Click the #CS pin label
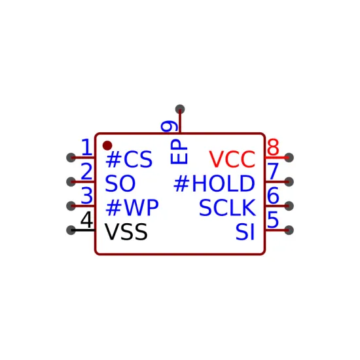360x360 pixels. (129, 159)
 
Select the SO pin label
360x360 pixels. (120, 183)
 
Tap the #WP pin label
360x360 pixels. (132, 207)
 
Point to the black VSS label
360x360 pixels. (126, 232)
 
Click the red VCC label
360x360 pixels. (232, 159)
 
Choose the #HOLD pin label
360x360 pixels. (214, 183)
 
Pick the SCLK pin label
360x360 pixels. (227, 207)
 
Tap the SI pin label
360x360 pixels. (245, 232)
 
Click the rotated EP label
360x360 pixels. (179, 152)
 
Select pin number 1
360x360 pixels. (87, 147)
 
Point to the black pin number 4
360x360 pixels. (86, 220)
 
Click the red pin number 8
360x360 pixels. (273, 147)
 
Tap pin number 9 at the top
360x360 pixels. (170, 126)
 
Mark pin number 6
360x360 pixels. (273, 196)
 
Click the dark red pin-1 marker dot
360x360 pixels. (107, 145)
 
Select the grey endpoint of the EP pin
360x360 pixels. (180, 109)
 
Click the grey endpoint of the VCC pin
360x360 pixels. (289, 158)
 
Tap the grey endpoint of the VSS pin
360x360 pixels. (71, 230)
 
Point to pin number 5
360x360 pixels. (273, 220)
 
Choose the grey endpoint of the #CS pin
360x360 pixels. (71, 158)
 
